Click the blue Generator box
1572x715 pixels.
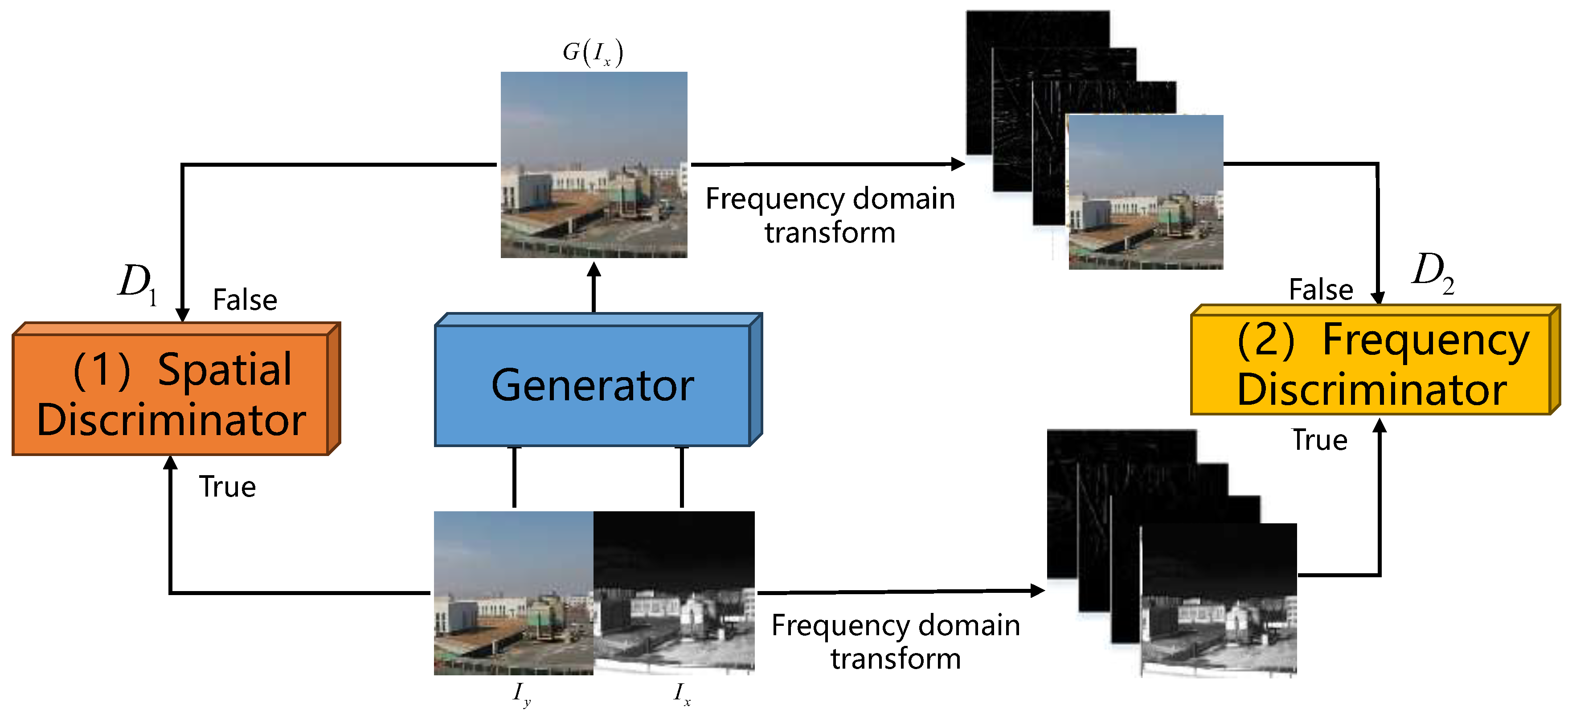click(592, 385)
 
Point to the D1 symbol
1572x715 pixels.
click(137, 284)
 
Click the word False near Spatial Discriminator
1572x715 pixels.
click(245, 300)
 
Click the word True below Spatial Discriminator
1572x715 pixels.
click(227, 487)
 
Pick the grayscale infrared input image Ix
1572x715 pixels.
click(674, 592)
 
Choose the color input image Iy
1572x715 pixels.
click(513, 592)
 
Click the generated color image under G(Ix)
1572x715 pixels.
click(594, 165)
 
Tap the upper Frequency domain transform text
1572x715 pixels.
click(830, 215)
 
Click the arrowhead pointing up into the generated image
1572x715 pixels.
click(594, 270)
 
